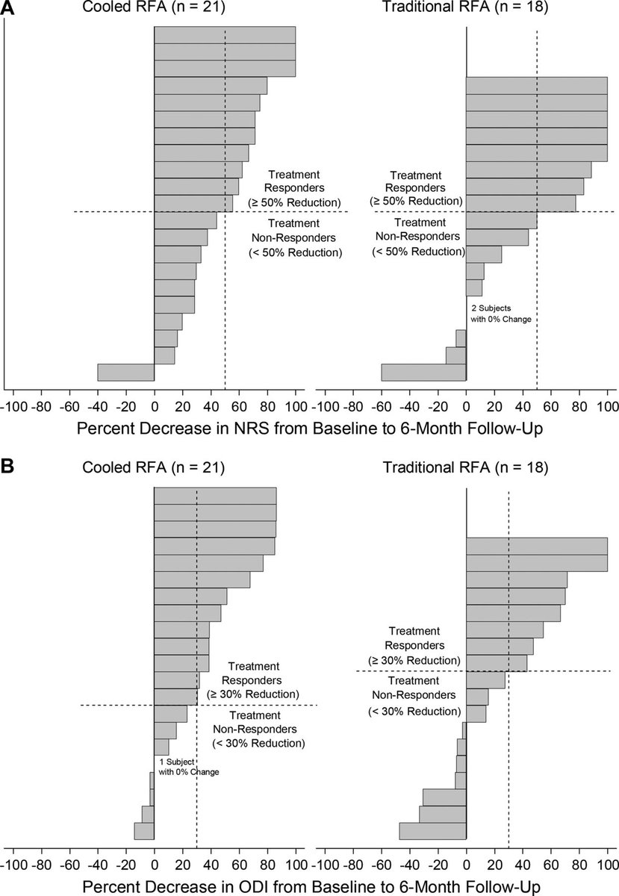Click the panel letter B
pos(7,467)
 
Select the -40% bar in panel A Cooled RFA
pos(125,372)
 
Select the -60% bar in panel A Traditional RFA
pos(423,372)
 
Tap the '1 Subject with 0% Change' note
pos(189,767)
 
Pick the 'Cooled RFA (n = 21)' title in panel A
pos(155,8)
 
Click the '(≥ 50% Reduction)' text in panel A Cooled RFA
pos(296,202)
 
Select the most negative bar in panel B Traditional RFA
pos(433,831)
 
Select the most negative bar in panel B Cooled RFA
pos(144,831)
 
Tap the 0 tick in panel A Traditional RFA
pos(466,406)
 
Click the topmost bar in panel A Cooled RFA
pos(225,35)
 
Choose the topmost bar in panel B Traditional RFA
pos(537,546)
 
